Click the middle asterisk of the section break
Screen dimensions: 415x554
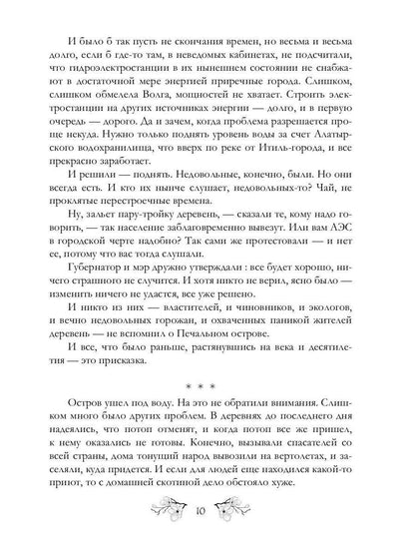coord(207,435)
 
